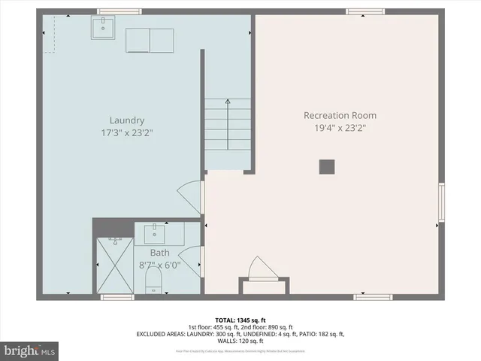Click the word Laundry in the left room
click(x=126, y=120)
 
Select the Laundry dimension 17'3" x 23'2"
click(x=126, y=133)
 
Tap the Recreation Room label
click(x=340, y=115)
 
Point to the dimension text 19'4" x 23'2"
click(x=340, y=128)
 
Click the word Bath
click(x=159, y=253)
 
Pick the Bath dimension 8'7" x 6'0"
click(x=159, y=265)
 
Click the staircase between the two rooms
click(x=228, y=125)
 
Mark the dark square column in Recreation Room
click(x=326, y=167)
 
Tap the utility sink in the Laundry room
click(x=103, y=29)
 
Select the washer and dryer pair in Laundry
click(x=150, y=40)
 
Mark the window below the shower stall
click(x=117, y=297)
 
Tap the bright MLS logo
click(x=30, y=350)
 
